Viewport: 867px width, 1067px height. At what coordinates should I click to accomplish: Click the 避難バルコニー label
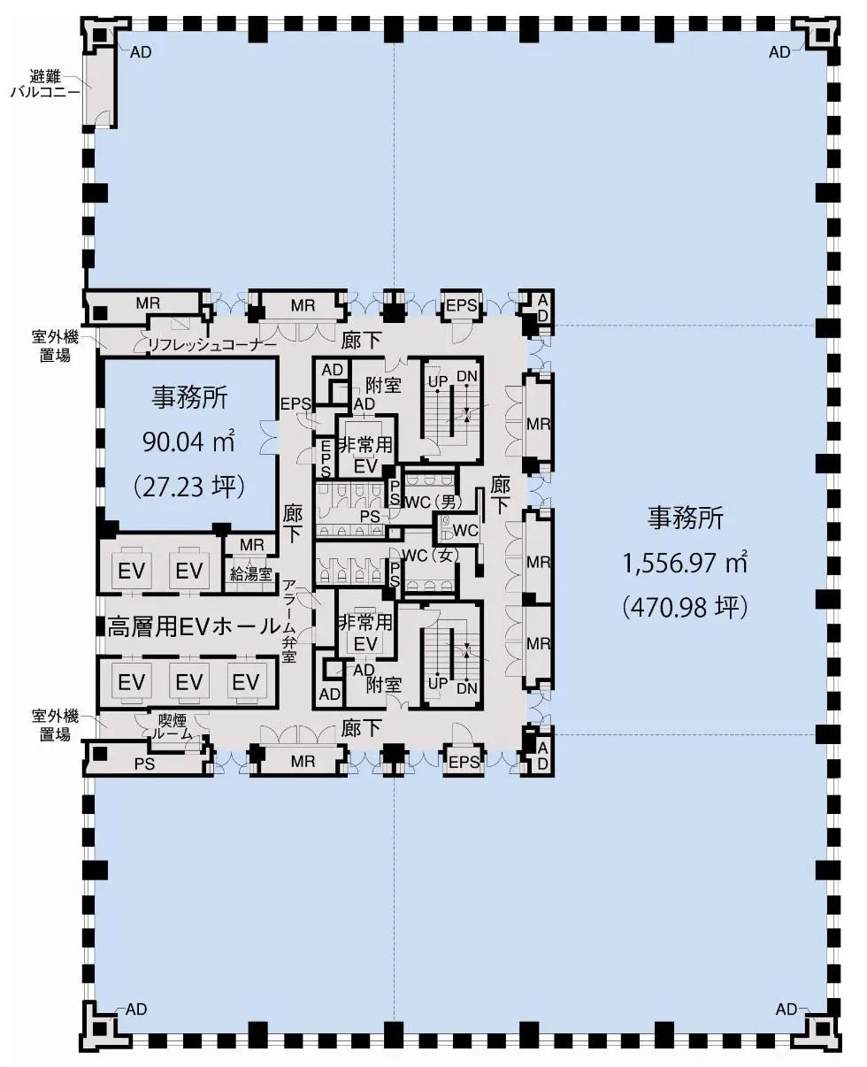tap(46, 84)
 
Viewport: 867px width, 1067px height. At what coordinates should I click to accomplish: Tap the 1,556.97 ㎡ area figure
tap(685, 563)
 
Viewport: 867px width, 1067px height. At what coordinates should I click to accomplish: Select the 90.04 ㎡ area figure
tap(188, 441)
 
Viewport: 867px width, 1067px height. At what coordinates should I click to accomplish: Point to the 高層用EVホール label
tap(194, 626)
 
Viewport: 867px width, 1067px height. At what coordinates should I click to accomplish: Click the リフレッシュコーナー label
tap(211, 345)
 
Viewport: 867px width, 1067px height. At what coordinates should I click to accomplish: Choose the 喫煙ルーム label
tap(172, 727)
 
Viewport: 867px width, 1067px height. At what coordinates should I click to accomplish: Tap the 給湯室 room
tap(250, 574)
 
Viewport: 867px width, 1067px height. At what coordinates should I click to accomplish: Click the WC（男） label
tap(433, 502)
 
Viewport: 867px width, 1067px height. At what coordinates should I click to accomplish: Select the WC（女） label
tap(431, 555)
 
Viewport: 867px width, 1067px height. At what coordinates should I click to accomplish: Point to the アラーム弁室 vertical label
tap(289, 621)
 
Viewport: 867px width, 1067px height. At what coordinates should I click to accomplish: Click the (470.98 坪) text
tap(685, 607)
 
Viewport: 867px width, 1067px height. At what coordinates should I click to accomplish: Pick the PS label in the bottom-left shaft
tap(144, 764)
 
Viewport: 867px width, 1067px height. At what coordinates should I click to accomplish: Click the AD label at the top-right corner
tap(779, 52)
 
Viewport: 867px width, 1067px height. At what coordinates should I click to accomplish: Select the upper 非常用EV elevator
tap(365, 455)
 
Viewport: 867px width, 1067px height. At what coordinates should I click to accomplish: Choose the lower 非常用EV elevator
tap(365, 633)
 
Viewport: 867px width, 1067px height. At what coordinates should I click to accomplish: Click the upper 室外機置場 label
tap(55, 346)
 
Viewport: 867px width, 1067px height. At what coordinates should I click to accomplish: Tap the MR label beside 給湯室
tap(251, 544)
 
